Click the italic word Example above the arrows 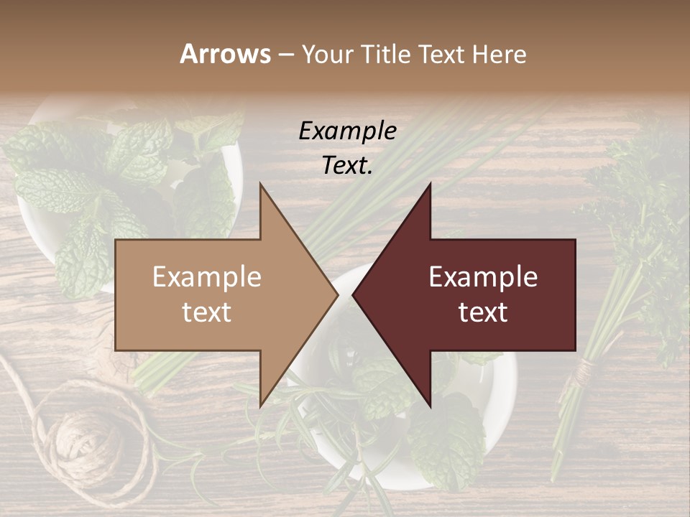tap(347, 131)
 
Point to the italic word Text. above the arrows tap(347, 165)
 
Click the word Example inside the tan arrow tap(207, 277)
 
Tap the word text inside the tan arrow tap(207, 312)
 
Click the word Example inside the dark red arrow tap(483, 277)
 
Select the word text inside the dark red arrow tap(483, 312)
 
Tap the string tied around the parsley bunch tap(584, 370)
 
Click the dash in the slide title tap(286, 55)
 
